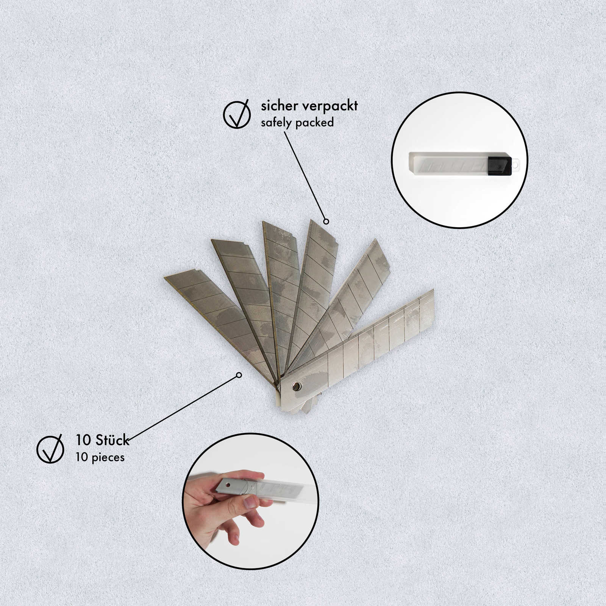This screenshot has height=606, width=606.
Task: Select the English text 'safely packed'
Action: pyautogui.click(x=297, y=123)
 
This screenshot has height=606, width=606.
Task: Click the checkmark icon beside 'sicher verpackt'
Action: pyautogui.click(x=237, y=114)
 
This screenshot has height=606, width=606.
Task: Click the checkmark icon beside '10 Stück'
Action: pyautogui.click(x=50, y=449)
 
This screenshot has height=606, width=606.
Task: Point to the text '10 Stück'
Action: pyautogui.click(x=102, y=440)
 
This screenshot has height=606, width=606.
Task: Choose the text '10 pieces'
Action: pyautogui.click(x=100, y=457)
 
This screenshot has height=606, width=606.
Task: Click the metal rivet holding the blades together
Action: pyautogui.click(x=296, y=386)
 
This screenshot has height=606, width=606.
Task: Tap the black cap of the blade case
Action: pyautogui.click(x=499, y=166)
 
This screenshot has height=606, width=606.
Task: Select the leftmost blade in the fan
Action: pyautogui.click(x=212, y=311)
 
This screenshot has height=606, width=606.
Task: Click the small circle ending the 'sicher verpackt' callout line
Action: pyautogui.click(x=326, y=221)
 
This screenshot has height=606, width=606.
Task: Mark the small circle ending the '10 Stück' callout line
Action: pyautogui.click(x=239, y=375)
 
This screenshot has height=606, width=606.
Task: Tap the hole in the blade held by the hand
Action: pyautogui.click(x=227, y=485)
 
